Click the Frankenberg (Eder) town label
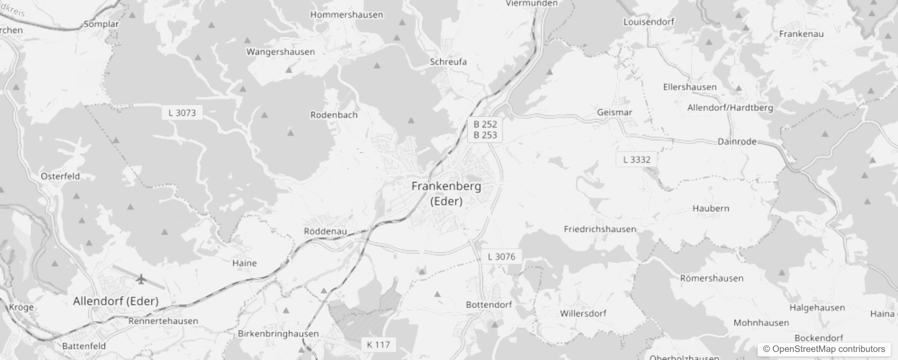[446, 193]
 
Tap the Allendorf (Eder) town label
[116, 301]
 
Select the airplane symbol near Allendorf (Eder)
[141, 279]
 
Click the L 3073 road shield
[182, 112]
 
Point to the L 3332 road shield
[637, 159]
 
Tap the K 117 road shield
[378, 345]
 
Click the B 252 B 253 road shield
[485, 130]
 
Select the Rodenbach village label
[334, 115]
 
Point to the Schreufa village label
[448, 62]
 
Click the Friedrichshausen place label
[600, 229]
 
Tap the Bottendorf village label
[489, 305]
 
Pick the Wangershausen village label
[280, 52]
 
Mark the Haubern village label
[710, 208]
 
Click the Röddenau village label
[325, 231]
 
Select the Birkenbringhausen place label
[278, 334]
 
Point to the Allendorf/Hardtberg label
[730, 108]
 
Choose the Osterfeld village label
[60, 176]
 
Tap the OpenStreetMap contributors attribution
[824, 349]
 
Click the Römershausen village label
[711, 278]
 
